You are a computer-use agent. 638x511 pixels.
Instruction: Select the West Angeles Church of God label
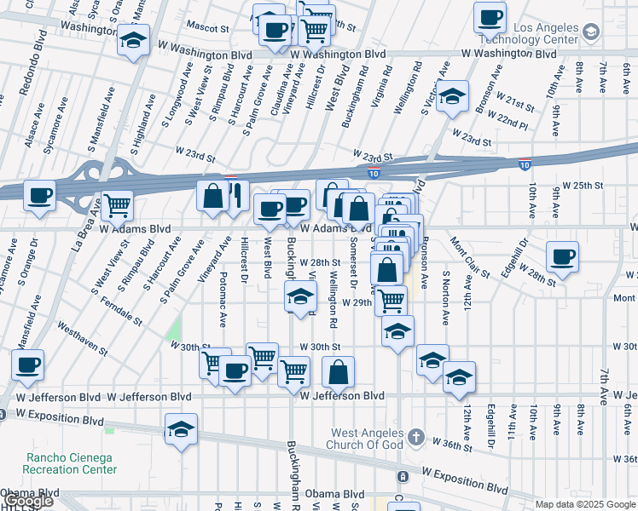pyautogui.click(x=366, y=443)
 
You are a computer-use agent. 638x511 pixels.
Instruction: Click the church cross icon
pyautogui.click(x=415, y=437)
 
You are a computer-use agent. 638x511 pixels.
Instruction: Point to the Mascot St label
pyautogui.click(x=209, y=27)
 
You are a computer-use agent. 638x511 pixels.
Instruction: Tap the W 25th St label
pyautogui.click(x=586, y=185)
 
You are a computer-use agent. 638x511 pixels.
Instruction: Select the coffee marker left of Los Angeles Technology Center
pyautogui.click(x=490, y=17)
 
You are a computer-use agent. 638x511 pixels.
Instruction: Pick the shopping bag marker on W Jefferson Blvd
pyautogui.click(x=339, y=372)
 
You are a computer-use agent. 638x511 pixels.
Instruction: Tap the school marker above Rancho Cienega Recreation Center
pyautogui.click(x=181, y=429)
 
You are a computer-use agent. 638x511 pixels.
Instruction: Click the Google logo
pyautogui.click(x=28, y=502)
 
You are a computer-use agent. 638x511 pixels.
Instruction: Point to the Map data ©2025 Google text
pyautogui.click(x=586, y=504)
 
